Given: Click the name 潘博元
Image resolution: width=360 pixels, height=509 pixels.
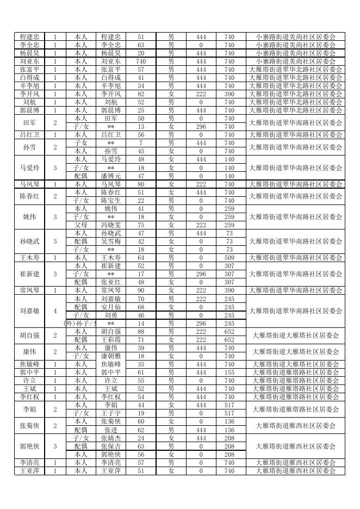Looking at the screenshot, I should point(111,176).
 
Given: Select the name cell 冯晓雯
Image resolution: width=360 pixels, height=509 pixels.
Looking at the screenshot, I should point(111,225).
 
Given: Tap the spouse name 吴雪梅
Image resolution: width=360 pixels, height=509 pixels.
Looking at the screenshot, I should point(111,241).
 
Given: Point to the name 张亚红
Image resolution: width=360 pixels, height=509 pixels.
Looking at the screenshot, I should point(111,282).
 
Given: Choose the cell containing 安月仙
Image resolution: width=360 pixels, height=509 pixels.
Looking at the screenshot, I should point(111,307).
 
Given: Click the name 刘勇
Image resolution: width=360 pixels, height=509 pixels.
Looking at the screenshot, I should point(111,315).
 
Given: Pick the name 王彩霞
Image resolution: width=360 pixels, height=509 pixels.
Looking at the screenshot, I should point(111,339).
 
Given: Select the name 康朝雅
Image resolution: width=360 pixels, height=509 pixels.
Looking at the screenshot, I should point(111,356).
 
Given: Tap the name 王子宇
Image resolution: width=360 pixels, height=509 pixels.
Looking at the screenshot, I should point(111,413).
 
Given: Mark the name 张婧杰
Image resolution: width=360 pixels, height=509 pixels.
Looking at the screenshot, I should point(111,438).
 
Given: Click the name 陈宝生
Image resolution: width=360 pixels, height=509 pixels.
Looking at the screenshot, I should point(111,201).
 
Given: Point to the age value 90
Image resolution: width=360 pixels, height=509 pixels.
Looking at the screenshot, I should point(141,290).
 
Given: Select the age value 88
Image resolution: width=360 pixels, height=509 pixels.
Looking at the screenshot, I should point(141,331).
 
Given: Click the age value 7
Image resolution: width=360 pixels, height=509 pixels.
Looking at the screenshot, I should point(141,143).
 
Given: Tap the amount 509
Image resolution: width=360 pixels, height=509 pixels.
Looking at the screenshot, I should point(229,258).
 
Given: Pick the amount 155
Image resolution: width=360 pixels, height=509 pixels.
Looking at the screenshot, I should point(229,373).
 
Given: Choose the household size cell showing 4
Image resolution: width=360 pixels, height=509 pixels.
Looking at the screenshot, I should point(55,311).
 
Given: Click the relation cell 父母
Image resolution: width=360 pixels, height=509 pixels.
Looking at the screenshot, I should point(80,225).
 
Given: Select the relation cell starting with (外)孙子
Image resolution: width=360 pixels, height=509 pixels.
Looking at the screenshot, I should point(80,323).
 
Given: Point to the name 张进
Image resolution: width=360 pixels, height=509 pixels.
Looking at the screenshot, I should point(111,430).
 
